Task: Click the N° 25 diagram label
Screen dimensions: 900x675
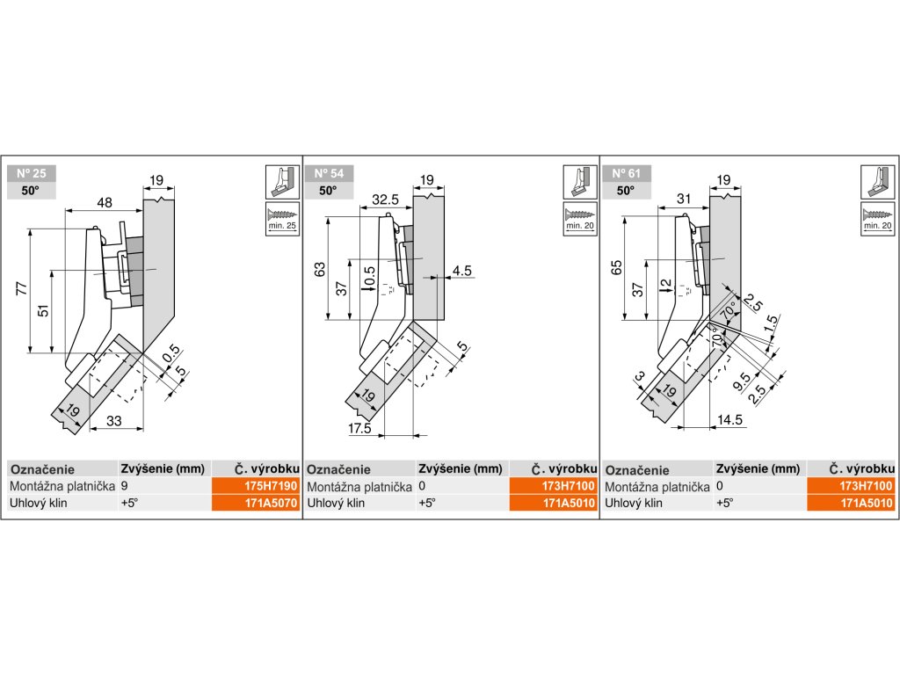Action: (x=32, y=173)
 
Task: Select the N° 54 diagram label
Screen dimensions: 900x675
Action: (x=329, y=173)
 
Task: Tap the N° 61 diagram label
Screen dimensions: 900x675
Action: (x=626, y=173)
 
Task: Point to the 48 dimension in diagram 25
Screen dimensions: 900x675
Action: (x=105, y=203)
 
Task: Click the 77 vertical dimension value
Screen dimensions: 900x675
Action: (x=22, y=288)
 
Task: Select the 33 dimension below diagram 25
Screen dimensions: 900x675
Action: (x=114, y=421)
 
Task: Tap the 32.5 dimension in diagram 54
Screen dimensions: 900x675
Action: (x=385, y=200)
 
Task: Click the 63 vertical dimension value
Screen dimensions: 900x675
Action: (x=320, y=269)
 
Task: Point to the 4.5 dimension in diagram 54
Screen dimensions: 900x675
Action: (x=461, y=271)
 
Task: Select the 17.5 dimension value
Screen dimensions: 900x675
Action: (x=359, y=428)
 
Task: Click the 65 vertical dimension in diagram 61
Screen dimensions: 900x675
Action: (x=617, y=267)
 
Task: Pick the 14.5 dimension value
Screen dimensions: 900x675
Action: (x=729, y=419)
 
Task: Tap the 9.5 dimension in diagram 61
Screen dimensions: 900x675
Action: (x=742, y=381)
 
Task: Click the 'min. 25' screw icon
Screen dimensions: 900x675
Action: (x=282, y=217)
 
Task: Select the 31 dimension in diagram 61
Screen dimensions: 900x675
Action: (x=683, y=199)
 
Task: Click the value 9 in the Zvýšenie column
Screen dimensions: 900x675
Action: (x=125, y=486)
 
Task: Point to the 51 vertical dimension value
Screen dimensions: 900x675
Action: (x=44, y=310)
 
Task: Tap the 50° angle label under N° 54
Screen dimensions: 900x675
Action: (x=328, y=191)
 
